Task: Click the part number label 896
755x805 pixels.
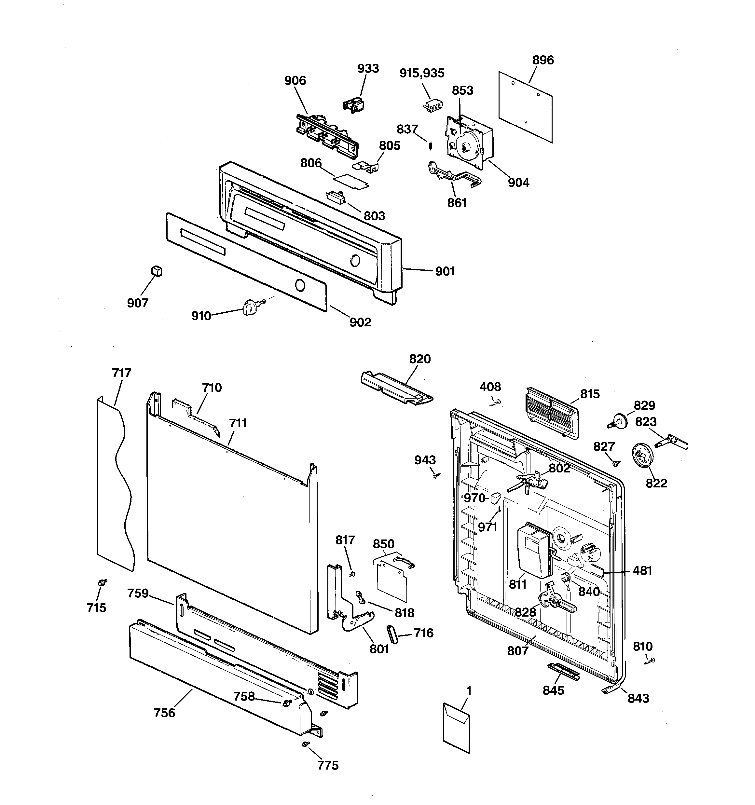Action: point(543,60)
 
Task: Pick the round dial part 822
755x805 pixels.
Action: point(642,457)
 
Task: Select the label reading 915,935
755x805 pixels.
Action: point(422,73)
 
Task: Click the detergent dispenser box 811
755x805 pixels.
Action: point(535,555)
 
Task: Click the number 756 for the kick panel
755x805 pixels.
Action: point(164,713)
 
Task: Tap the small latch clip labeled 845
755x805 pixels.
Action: point(563,672)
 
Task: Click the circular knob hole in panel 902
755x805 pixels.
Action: point(300,285)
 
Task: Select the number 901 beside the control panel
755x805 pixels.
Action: point(445,271)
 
